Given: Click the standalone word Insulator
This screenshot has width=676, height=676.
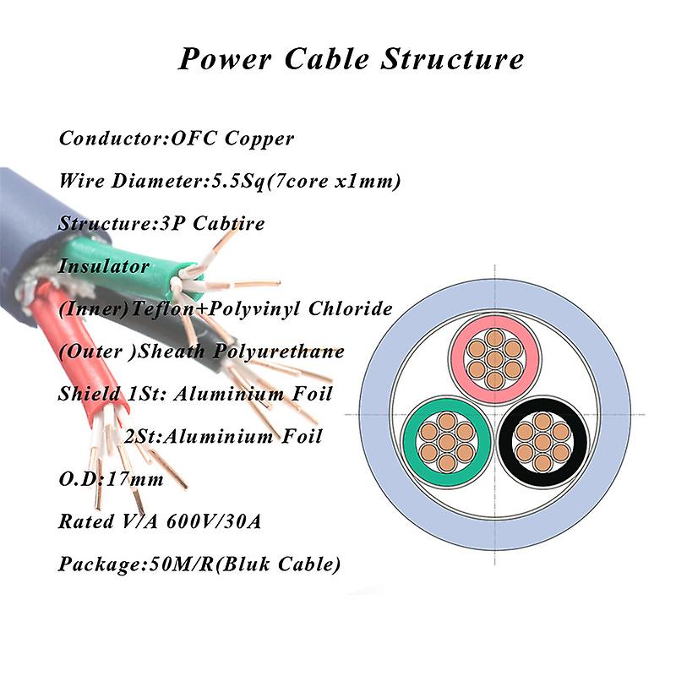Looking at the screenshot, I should coord(104,266).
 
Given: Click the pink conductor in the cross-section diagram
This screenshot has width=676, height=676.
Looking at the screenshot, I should coord(495,359).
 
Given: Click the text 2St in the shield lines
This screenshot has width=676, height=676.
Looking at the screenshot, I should coord(142,437).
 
